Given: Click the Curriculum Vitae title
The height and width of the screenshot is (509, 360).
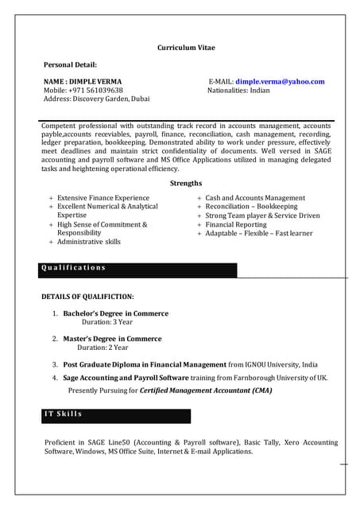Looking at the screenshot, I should click(x=186, y=48).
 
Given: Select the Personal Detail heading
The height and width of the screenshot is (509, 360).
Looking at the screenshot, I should click(x=70, y=64).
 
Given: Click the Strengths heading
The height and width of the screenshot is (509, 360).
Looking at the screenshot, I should click(x=186, y=183).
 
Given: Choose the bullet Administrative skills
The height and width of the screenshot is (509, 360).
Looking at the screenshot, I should click(x=89, y=242).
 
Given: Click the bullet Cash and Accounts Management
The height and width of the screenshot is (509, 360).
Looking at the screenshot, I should click(x=255, y=197).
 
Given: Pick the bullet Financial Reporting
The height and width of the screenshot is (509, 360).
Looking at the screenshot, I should click(x=237, y=224).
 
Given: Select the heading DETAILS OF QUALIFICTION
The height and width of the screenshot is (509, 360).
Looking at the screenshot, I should click(x=87, y=296).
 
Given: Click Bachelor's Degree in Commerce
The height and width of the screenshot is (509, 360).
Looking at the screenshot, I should click(x=116, y=313).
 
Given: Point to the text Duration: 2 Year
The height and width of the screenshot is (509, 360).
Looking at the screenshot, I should click(x=103, y=348).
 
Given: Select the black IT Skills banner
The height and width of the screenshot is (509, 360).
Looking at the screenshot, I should click(x=116, y=415).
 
